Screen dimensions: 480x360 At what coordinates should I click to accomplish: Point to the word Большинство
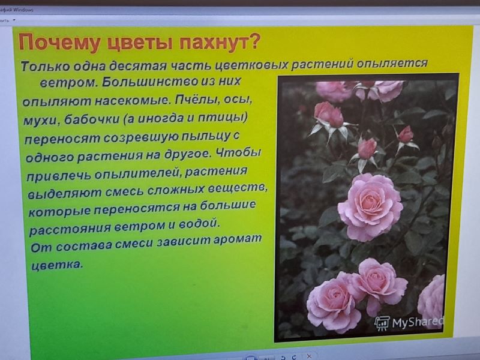click(x=149, y=82)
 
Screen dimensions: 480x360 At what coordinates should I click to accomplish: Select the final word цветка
click(x=57, y=264)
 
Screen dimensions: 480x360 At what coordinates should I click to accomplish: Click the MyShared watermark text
click(x=418, y=322)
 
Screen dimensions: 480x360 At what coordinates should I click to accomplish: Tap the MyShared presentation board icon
click(x=382, y=323)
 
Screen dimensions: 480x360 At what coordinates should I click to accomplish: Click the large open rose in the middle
click(x=370, y=207)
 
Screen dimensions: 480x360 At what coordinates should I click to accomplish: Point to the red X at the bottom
click(x=309, y=356)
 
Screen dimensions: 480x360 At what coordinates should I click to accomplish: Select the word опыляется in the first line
click(x=392, y=64)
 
